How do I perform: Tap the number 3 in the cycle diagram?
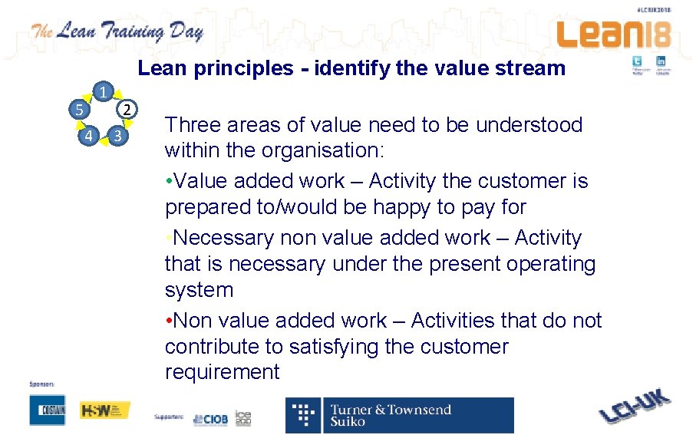(116, 137)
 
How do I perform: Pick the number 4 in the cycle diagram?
(89, 137)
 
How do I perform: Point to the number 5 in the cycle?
(78, 109)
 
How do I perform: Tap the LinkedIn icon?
(661, 61)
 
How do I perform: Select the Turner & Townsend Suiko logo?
(399, 415)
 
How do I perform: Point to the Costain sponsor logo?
(48, 410)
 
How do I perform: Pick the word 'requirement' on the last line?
(222, 372)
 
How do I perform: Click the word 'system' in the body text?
(199, 290)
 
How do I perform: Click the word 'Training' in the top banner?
(143, 32)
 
